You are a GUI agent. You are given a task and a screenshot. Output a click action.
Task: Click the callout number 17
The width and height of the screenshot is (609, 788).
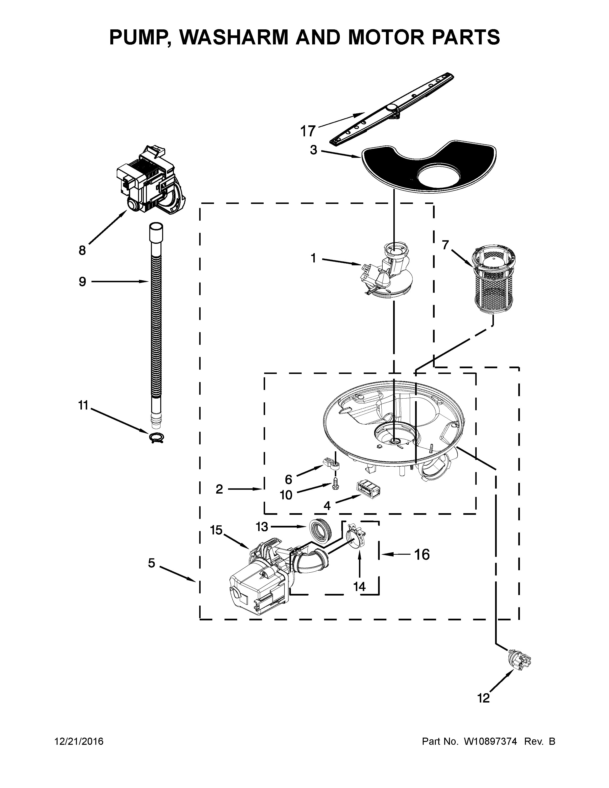point(308,131)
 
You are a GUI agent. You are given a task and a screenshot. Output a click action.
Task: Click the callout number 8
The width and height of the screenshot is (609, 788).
point(82,250)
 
